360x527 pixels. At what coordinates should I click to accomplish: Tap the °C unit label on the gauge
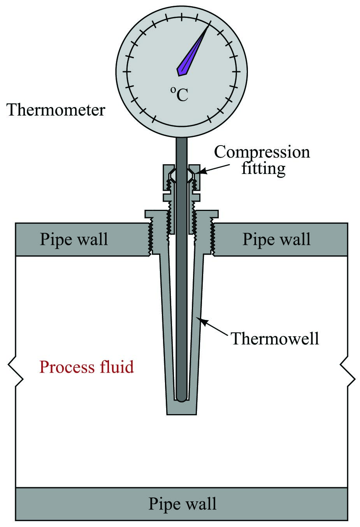click(179, 94)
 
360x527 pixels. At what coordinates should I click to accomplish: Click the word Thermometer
click(56, 110)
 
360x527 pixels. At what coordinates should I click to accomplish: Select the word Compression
click(262, 153)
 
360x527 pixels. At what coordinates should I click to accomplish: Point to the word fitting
click(263, 169)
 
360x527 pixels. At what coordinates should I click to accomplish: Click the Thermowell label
click(275, 338)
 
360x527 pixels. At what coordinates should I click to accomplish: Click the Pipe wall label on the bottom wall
click(183, 504)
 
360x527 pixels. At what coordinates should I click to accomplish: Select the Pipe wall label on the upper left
click(74, 239)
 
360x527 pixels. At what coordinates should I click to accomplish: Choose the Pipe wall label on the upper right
click(276, 239)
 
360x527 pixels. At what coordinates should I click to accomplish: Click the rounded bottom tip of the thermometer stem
click(182, 399)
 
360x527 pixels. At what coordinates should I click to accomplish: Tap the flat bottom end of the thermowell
click(182, 414)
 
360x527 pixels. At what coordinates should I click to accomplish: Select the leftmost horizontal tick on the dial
click(127, 71)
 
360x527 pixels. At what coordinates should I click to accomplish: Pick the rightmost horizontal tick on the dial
click(236, 71)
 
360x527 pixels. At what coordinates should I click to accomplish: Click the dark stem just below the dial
click(182, 151)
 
